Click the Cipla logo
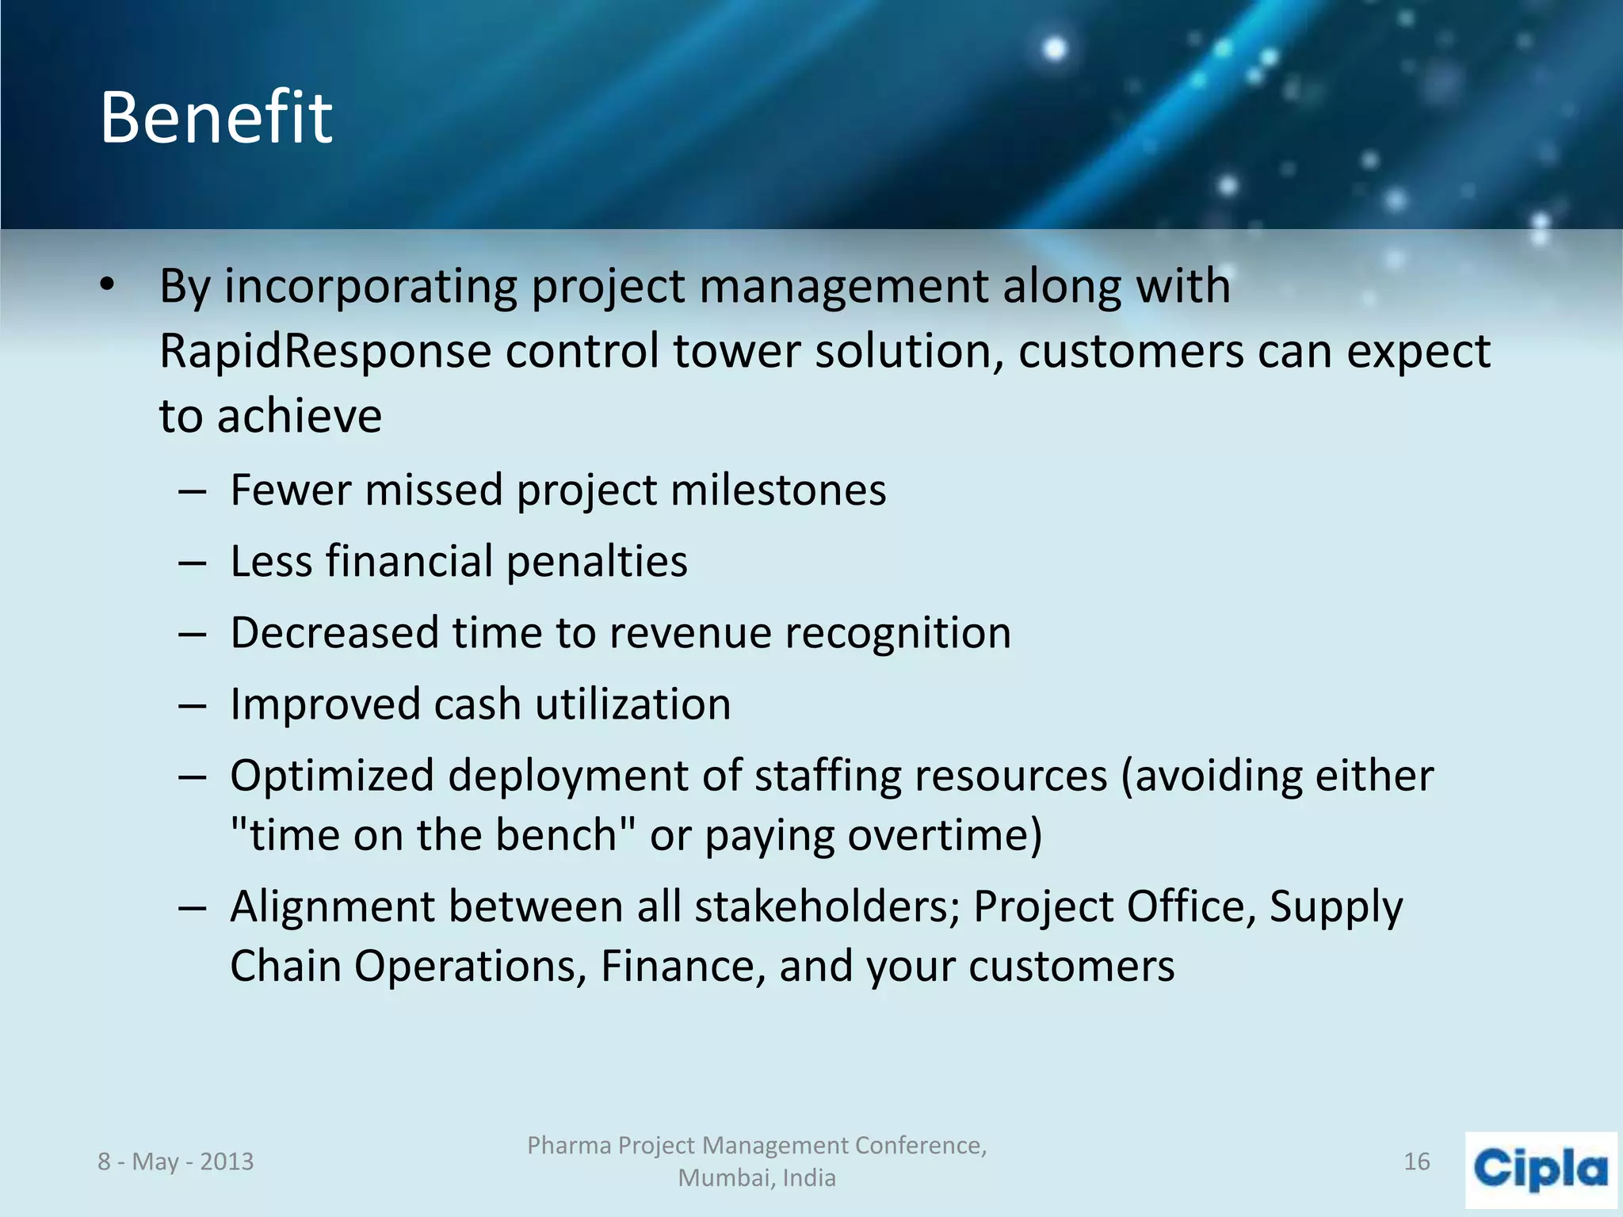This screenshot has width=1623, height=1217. (1541, 1169)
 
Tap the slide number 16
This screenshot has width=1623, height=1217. (1416, 1162)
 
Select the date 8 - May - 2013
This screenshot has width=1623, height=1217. (175, 1162)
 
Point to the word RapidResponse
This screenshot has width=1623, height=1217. (325, 351)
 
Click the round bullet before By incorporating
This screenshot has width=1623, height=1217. (108, 285)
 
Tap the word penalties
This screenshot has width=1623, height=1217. (597, 562)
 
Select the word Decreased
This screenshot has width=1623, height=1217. (334, 633)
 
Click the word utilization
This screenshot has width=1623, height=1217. (632, 704)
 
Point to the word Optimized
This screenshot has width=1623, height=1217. (331, 776)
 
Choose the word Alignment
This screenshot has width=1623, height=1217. (332, 906)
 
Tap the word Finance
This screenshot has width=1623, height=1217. (683, 966)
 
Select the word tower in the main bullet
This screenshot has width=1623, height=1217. (736, 351)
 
